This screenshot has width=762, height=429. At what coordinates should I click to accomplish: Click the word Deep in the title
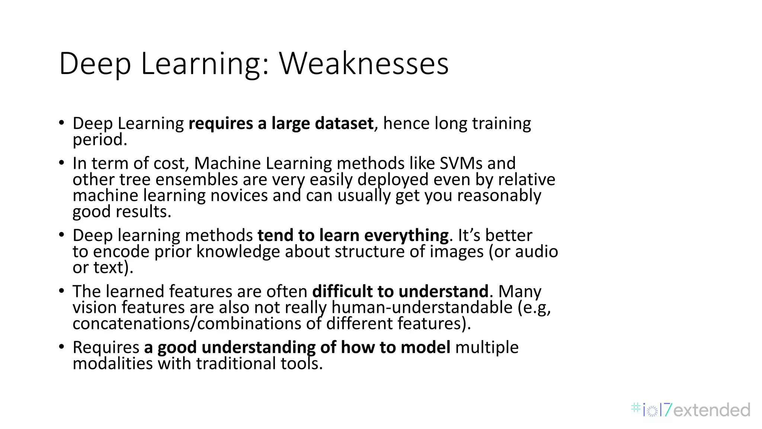tap(95, 64)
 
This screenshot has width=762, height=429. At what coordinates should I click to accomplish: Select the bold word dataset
tap(344, 123)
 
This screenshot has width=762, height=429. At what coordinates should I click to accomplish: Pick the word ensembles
tap(196, 179)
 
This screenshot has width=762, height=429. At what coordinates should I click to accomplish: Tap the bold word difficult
tap(342, 291)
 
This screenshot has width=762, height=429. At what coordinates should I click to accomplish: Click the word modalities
tap(112, 363)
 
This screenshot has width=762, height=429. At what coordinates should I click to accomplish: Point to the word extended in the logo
tap(711, 410)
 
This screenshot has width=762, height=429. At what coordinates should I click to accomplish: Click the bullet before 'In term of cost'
tap(62, 163)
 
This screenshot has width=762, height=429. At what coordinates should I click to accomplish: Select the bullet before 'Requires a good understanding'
tap(62, 347)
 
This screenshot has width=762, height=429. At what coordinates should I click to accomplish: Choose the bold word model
tap(425, 347)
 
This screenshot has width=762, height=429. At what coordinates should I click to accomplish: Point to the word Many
tap(519, 291)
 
